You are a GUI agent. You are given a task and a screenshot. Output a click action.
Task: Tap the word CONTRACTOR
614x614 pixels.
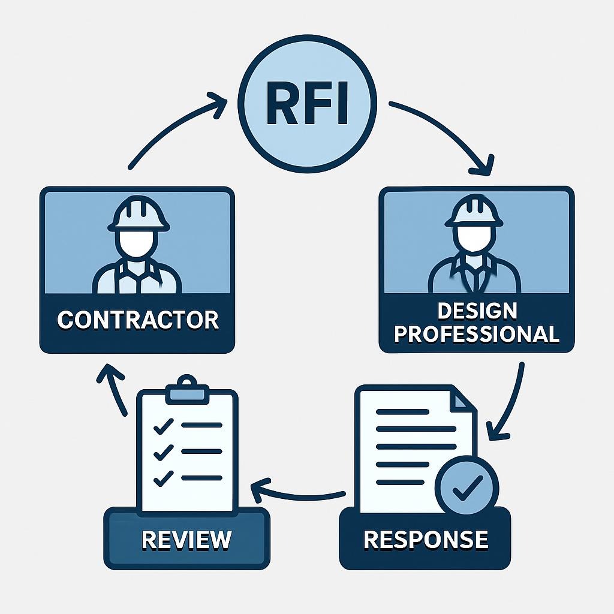[x=137, y=320]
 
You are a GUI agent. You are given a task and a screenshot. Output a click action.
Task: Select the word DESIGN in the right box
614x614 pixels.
[x=477, y=311]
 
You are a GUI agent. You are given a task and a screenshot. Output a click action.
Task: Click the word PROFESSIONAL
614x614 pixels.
[x=477, y=333]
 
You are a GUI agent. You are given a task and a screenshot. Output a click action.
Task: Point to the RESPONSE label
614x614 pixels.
[x=425, y=539]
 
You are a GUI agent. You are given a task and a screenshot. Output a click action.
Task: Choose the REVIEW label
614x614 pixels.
[x=186, y=539]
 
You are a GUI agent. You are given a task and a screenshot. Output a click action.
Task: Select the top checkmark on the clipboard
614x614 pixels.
[x=162, y=426]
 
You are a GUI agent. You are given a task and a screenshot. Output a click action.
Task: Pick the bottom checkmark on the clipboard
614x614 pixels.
[x=162, y=479]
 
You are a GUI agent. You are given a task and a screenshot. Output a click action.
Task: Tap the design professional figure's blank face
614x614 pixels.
[x=474, y=240]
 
